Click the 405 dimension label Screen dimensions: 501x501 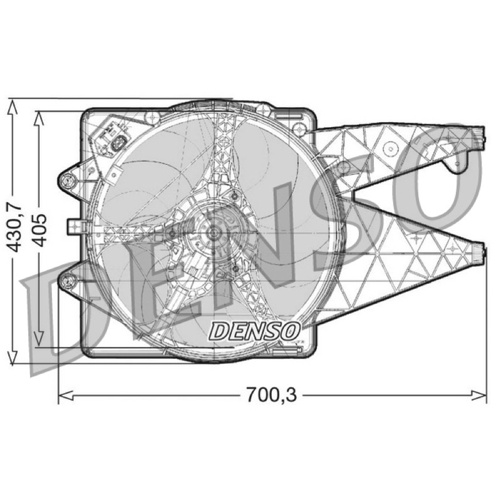pos(39,230)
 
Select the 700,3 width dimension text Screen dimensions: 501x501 pos(271,395)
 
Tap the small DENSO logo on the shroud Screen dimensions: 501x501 pos(255,331)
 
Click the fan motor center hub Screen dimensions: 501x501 pos(212,233)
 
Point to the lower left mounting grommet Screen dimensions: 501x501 pos(67,281)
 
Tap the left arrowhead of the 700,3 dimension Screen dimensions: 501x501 pos(66,396)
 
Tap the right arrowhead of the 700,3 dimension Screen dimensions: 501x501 pos(479,396)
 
